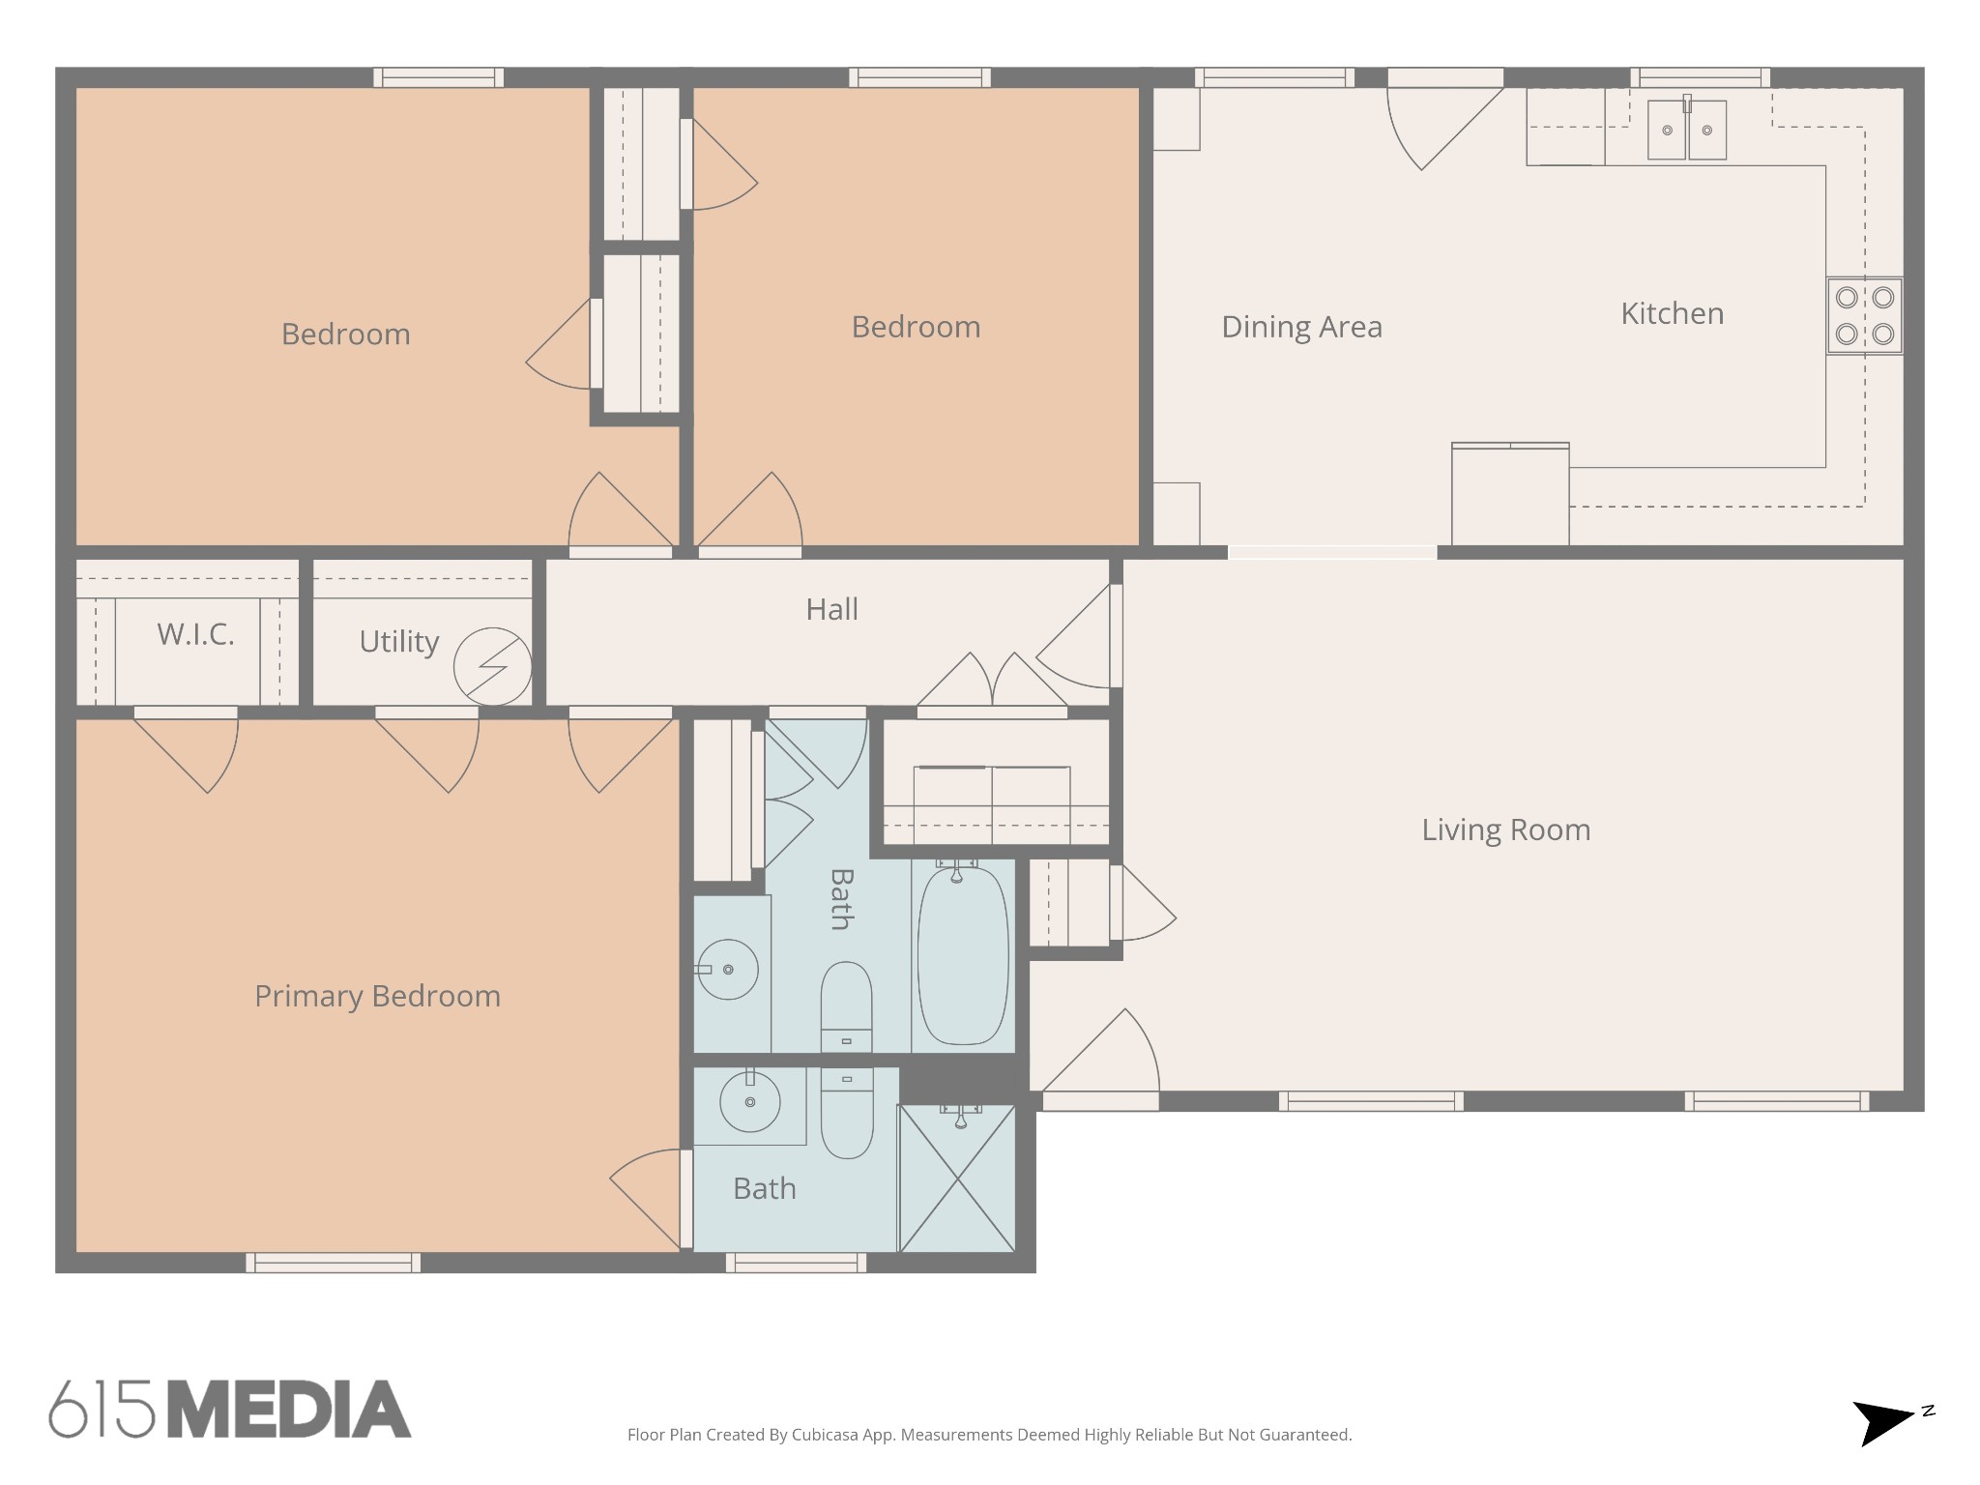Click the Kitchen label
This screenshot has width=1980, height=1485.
[x=1672, y=313]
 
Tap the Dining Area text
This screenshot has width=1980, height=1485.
[x=1301, y=327]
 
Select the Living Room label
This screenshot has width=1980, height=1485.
[x=1505, y=830]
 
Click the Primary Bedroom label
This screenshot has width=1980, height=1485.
[x=377, y=996]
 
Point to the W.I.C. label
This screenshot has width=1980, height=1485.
[x=195, y=634]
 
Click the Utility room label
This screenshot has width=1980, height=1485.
[x=398, y=641]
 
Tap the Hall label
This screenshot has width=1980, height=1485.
[x=831, y=609]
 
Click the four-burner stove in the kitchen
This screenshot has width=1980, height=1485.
[x=1864, y=316]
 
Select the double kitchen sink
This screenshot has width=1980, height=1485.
[x=1686, y=130]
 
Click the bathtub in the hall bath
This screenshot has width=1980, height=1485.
[x=962, y=955]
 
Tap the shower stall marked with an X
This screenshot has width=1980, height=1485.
[x=957, y=1179]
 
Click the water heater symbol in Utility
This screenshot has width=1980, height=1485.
[x=493, y=666]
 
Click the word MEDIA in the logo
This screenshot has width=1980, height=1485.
[x=290, y=1410]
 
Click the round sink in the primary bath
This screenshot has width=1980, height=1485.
[x=750, y=1101]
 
